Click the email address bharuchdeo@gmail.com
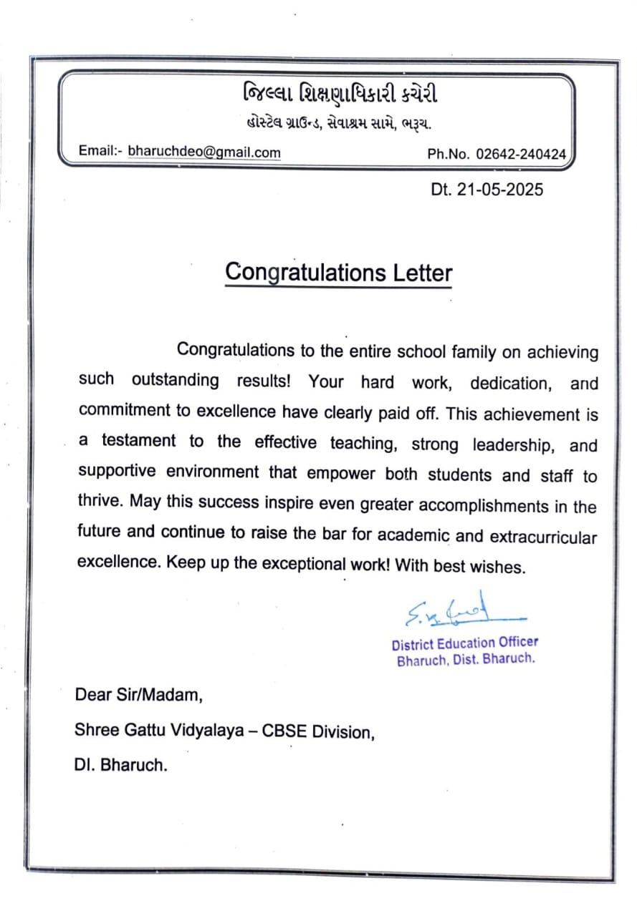tap(204, 152)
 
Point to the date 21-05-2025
tap(497, 190)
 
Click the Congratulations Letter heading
tap(338, 273)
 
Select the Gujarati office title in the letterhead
tap(340, 94)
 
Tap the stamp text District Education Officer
tap(465, 643)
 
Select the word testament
tap(138, 441)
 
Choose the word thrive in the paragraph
tap(100, 501)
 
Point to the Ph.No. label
tap(449, 154)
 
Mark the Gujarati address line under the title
tap(335, 124)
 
